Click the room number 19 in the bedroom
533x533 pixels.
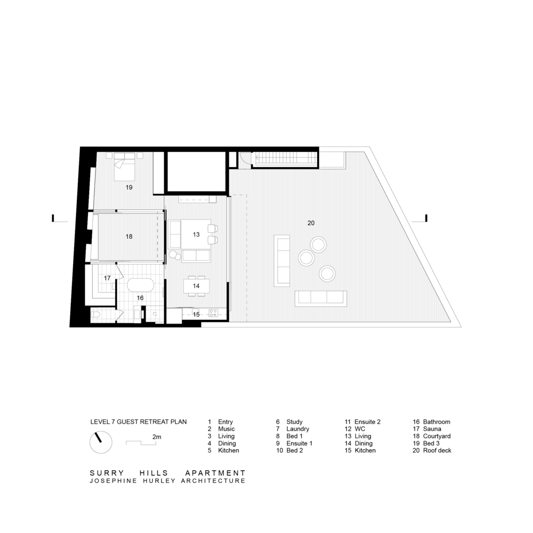click(x=129, y=187)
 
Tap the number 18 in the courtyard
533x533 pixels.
click(x=129, y=237)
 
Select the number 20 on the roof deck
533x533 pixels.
click(x=311, y=223)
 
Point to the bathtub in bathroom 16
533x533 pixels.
click(x=140, y=285)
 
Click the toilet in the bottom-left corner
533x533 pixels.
click(x=95, y=315)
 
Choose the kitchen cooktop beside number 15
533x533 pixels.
click(x=214, y=313)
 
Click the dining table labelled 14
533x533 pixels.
click(x=197, y=286)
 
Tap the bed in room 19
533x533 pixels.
click(x=124, y=166)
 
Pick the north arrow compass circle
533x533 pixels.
click(x=101, y=442)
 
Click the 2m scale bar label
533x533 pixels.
click(x=157, y=437)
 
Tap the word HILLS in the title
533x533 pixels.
click(x=154, y=473)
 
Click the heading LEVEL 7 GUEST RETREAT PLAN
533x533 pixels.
click(x=139, y=422)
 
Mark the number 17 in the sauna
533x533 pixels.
click(x=108, y=278)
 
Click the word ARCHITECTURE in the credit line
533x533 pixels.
click(x=213, y=481)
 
